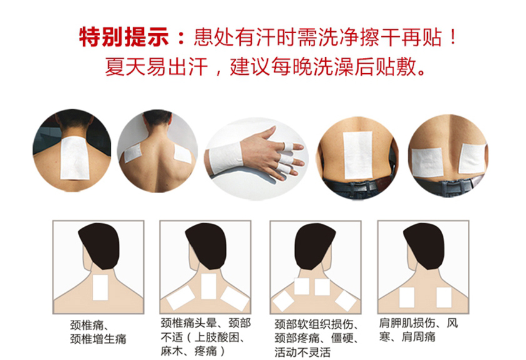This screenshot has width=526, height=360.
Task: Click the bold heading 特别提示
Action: (123, 37)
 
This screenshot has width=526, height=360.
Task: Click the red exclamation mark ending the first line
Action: (453, 37)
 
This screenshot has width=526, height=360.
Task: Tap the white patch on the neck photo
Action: (74, 158)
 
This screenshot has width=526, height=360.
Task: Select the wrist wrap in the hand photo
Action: (225, 157)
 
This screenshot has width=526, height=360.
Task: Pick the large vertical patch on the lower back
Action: (358, 155)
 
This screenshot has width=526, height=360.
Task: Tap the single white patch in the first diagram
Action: (100, 287)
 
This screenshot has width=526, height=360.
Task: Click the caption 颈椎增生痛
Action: (98, 339)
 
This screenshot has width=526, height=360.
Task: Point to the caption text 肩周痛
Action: (418, 336)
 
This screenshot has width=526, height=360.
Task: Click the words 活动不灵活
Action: (303, 352)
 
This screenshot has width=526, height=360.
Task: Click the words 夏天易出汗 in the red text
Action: (156, 67)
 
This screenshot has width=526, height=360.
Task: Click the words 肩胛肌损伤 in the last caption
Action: (407, 322)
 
